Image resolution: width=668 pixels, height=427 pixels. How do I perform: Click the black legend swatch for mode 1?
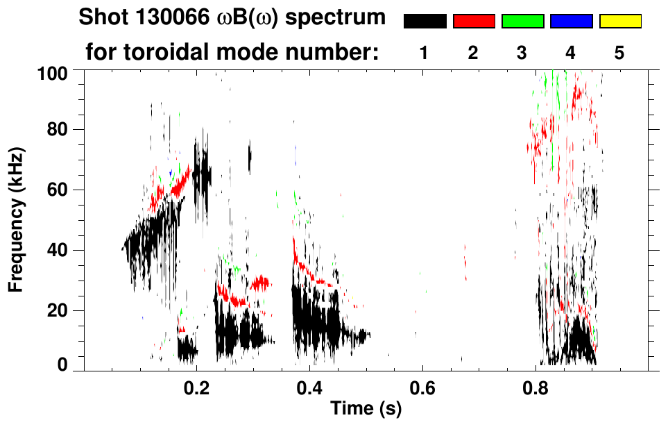[x=425, y=22]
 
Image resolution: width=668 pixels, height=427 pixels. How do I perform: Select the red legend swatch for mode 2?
[x=474, y=22]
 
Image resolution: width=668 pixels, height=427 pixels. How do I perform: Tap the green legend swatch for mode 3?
[x=522, y=22]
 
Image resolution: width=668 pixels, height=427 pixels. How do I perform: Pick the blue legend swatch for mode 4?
[x=571, y=22]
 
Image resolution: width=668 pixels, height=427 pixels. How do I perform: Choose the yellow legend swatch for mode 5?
[x=620, y=22]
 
